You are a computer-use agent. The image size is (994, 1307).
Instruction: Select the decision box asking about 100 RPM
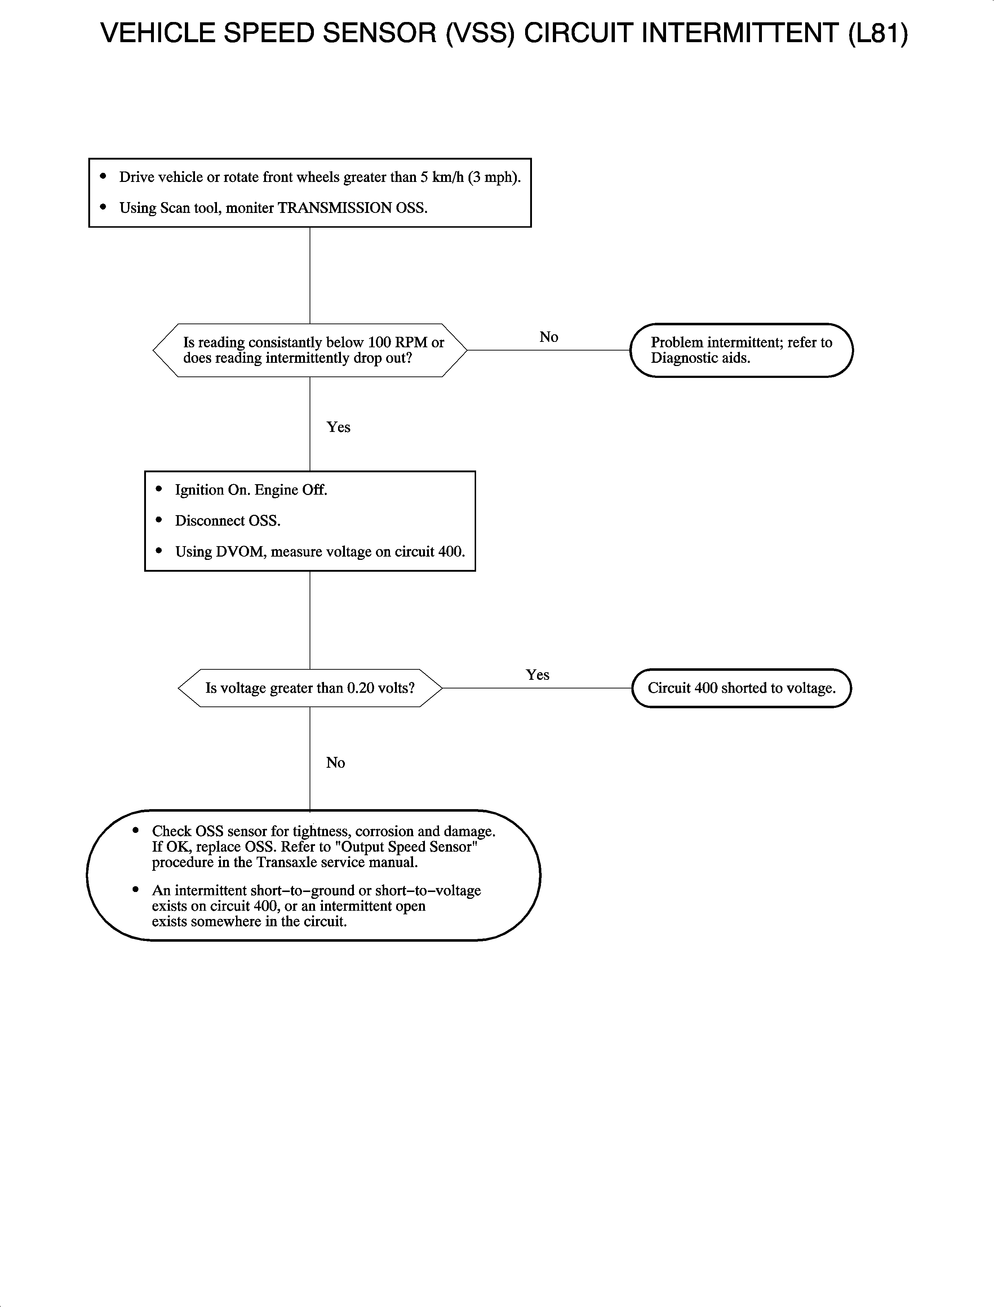click(310, 350)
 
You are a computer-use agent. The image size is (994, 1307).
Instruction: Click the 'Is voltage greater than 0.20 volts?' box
click(310, 688)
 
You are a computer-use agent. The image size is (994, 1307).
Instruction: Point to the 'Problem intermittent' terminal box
click(741, 350)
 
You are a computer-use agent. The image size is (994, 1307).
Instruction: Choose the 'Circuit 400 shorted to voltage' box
click(741, 688)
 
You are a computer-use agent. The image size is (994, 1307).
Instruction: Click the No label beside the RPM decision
click(549, 337)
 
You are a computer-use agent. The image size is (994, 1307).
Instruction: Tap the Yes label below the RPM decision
click(338, 427)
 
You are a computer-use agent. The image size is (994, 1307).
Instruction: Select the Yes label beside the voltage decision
click(537, 675)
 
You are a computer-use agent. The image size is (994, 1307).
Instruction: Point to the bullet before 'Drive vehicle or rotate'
click(103, 176)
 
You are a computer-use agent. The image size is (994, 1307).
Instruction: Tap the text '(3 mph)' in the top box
click(494, 177)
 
